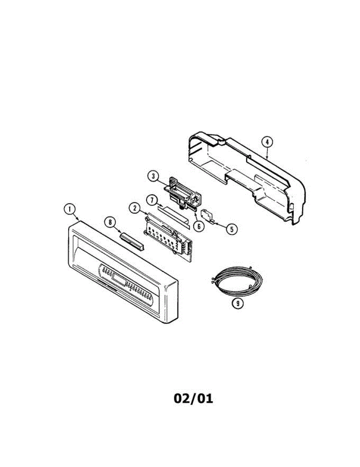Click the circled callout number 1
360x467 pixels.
(x=70, y=209)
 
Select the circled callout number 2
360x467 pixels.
(x=135, y=208)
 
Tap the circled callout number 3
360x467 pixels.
(x=154, y=176)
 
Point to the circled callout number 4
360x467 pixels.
(x=267, y=142)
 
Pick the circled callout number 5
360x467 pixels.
(x=232, y=229)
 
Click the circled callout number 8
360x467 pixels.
(x=110, y=222)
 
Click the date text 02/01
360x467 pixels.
(x=193, y=399)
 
